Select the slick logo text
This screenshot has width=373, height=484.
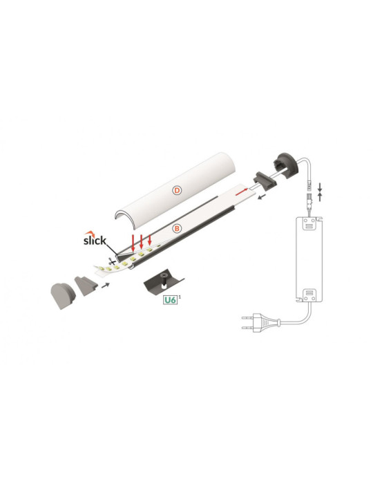point(95,240)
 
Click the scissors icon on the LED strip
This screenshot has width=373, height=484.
point(109,263)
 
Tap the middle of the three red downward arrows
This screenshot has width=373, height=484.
point(141,243)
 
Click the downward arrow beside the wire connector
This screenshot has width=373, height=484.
point(319,186)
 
